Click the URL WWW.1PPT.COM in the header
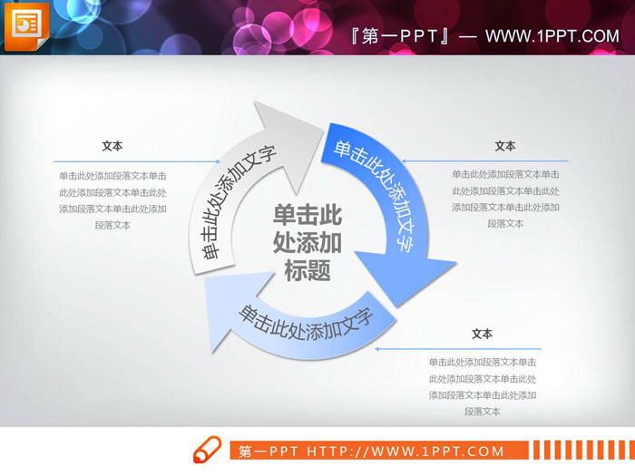pos(552,36)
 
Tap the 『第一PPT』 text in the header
pos(400,36)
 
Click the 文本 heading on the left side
pos(112,146)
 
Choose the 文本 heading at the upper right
pos(505,146)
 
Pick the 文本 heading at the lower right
pos(483,334)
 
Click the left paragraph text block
pos(112,200)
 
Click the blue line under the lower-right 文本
pos(463,348)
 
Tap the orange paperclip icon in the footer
pos(206,451)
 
